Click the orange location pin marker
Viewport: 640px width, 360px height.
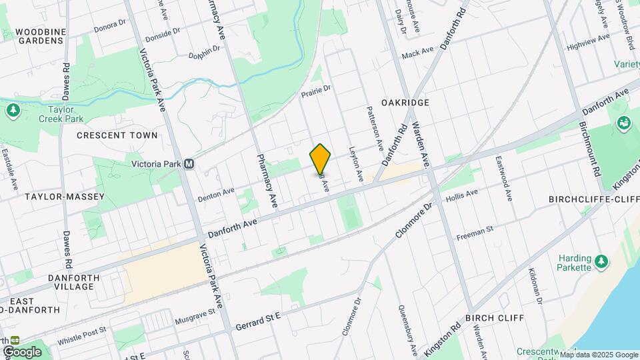pos(321,159)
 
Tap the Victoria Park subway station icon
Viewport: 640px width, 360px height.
pos(189,163)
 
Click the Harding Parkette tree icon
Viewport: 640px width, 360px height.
pos(602,259)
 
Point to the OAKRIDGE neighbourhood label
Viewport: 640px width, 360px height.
pos(405,103)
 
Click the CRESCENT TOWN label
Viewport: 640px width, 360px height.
pos(117,135)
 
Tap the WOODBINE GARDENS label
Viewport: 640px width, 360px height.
pos(40,36)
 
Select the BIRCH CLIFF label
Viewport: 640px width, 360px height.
pos(495,318)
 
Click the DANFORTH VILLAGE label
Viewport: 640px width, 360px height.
pos(74,282)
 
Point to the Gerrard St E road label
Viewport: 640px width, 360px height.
pos(259,323)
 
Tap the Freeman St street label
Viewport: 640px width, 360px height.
pos(475,233)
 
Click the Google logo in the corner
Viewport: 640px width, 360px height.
pos(22,351)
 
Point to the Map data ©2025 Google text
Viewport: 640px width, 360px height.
pos(599,355)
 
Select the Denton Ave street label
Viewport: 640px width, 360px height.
pos(217,193)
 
